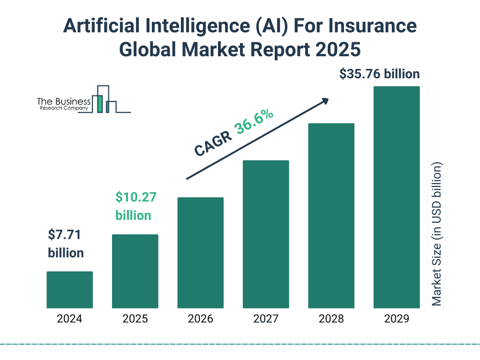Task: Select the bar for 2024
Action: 69,290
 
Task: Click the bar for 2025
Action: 135,271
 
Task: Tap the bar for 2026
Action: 200,253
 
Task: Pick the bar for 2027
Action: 266,234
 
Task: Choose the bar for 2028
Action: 331,216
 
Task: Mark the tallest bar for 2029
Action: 397,197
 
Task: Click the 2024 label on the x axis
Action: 69,319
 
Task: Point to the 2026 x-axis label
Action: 200,319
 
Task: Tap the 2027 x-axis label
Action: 266,319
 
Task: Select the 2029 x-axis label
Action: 397,319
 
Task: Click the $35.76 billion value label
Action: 379,74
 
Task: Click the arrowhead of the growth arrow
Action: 324,101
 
